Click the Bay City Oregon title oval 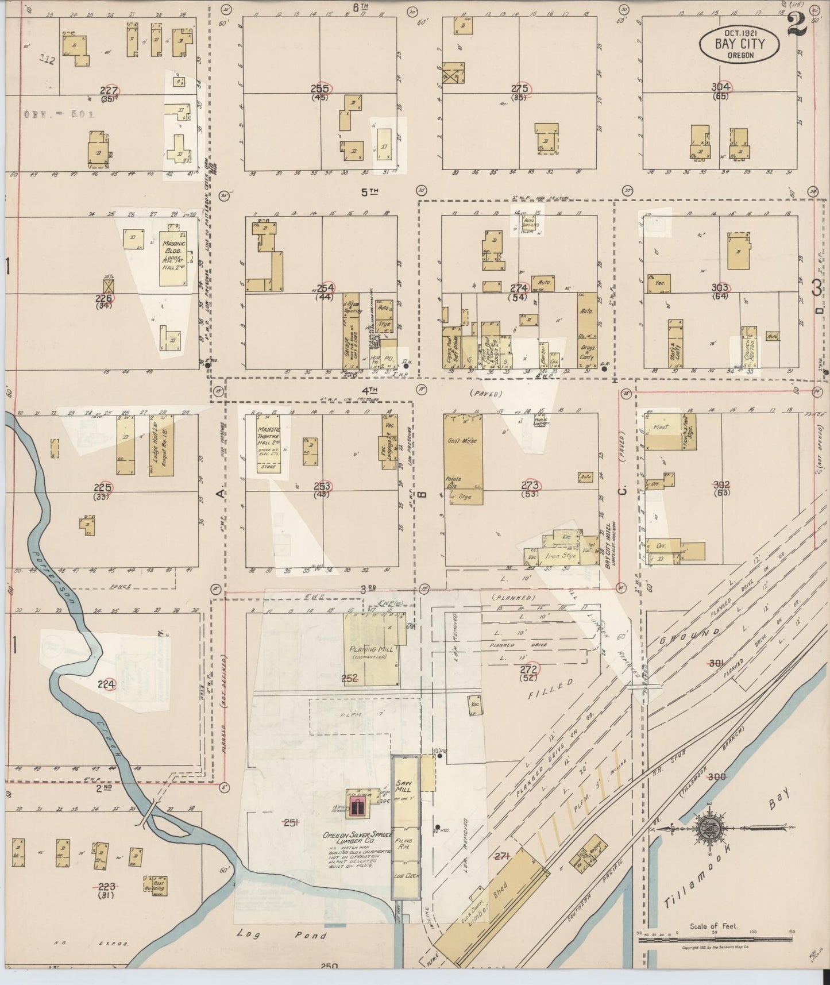coord(740,44)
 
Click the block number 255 coord(319,89)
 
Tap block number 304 coord(720,87)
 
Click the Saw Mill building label coord(403,786)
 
